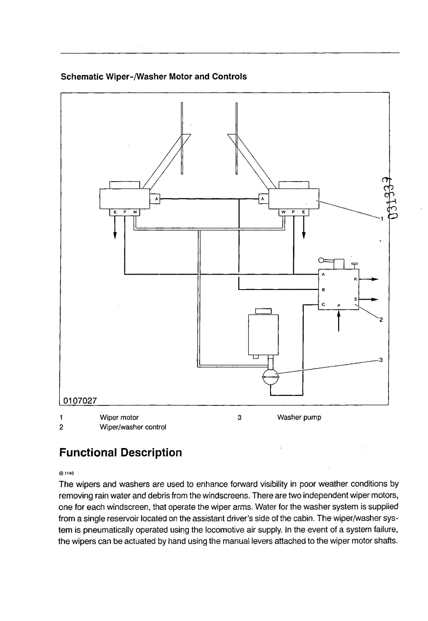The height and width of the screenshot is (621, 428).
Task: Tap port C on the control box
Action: point(323,304)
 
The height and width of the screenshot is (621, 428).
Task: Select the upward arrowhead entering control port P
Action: point(338,313)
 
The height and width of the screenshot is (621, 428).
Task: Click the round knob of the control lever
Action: point(321,260)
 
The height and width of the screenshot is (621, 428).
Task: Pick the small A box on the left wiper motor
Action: point(156,199)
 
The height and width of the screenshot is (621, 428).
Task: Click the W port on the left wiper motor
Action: point(135,212)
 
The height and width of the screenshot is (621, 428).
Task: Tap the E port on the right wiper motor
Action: point(303,212)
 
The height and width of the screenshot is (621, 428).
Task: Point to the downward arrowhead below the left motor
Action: point(115,235)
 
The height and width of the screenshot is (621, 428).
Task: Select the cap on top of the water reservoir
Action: point(263,311)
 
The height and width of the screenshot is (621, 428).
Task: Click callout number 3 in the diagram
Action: point(381,360)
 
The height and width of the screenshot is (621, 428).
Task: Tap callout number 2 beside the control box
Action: point(381,320)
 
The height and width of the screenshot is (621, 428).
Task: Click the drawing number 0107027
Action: point(80,401)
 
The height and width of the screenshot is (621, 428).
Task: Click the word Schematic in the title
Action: point(82,77)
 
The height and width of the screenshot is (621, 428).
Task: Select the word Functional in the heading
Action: point(88,452)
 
